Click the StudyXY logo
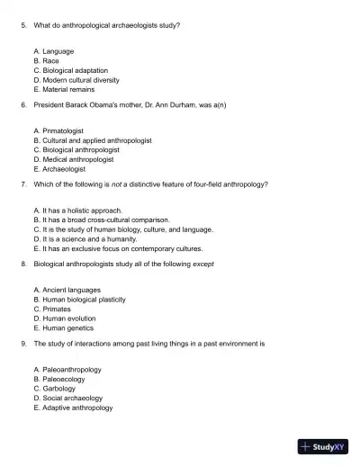(x=323, y=445)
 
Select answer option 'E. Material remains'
(x=64, y=89)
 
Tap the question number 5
(x=22, y=25)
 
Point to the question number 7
(x=22, y=184)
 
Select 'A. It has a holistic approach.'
(x=77, y=210)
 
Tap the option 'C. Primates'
(x=55, y=309)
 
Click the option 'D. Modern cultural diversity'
(x=83, y=79)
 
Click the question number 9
(x=22, y=343)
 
